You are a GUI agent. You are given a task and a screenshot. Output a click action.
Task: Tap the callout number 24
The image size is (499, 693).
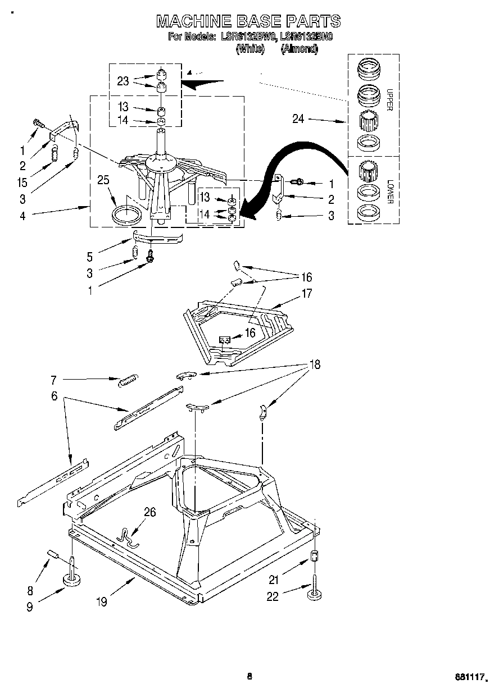(x=298, y=118)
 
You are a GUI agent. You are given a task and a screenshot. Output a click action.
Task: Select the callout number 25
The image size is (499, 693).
(x=103, y=180)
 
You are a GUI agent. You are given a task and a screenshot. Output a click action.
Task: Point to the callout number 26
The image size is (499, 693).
(x=149, y=512)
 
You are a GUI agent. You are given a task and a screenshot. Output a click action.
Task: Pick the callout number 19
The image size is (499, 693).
(x=102, y=602)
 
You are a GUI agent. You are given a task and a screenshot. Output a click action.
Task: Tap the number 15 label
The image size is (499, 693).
(x=22, y=183)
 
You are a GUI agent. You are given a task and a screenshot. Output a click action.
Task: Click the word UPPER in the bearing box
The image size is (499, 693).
(x=388, y=100)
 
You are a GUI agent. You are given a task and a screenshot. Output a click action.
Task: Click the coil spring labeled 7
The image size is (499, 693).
(x=129, y=380)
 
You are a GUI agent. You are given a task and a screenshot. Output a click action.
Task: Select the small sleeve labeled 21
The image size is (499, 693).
(x=315, y=557)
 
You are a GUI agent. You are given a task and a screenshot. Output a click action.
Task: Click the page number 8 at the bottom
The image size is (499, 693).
(x=249, y=676)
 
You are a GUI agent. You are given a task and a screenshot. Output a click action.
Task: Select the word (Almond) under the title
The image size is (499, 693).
(x=300, y=49)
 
